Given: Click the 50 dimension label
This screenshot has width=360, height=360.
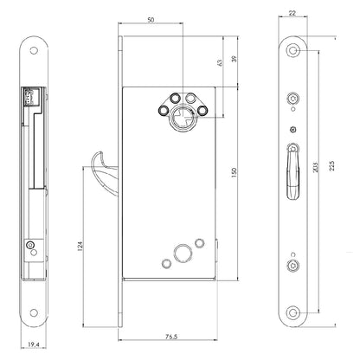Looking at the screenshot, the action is pos(151,20).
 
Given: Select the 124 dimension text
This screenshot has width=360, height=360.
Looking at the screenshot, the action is pos(80,246).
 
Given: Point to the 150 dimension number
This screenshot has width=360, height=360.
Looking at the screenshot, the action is pos(234,172).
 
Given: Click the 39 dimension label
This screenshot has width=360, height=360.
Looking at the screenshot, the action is pos(235,59).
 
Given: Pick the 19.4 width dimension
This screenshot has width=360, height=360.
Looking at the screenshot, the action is pos(34,344).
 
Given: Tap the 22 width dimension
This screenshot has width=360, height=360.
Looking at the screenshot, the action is pos(292,13).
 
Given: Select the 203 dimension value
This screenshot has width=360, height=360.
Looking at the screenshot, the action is pos(315,168).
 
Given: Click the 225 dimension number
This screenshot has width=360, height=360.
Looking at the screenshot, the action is pos(331,166).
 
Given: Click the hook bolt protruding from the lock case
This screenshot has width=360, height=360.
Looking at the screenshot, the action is pos(105,171).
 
